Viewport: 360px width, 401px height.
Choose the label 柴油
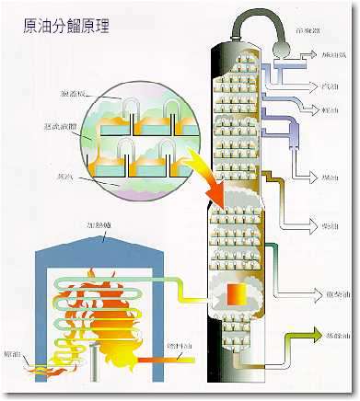pyautogui.click(x=325, y=225)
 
